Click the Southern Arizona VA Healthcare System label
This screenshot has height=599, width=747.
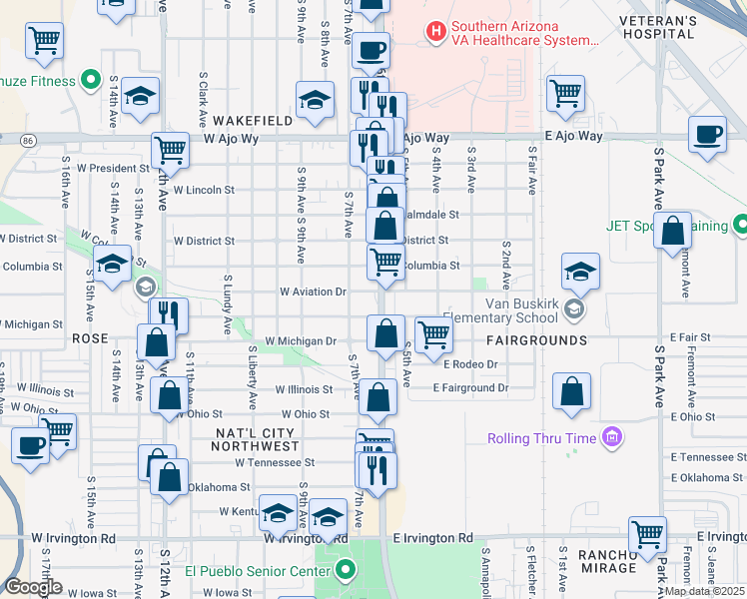point(524,34)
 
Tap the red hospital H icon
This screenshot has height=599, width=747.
point(435,32)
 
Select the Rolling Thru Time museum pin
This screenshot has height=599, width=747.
point(611,437)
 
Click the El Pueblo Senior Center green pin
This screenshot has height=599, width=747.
point(346,571)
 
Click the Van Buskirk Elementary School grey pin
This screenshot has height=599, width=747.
point(573,309)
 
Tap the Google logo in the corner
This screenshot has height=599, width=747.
point(33,587)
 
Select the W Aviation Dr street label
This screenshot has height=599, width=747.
point(313,293)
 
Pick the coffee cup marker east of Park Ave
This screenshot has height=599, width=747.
point(708,135)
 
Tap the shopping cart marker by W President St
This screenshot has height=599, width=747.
point(171,152)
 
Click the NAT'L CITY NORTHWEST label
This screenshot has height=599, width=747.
point(257,438)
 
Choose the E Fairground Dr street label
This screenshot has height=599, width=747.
point(470,387)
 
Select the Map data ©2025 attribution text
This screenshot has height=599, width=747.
point(704,591)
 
